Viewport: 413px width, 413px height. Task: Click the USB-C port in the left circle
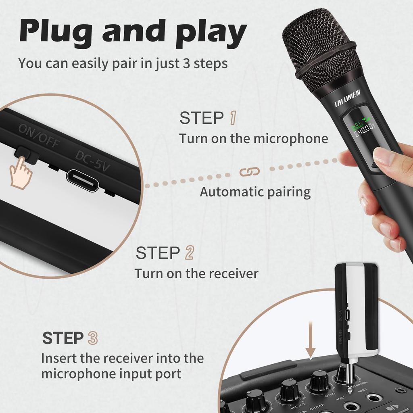(83, 180)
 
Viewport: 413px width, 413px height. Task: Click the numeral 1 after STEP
(233, 118)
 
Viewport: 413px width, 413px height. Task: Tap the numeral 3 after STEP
(93, 338)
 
